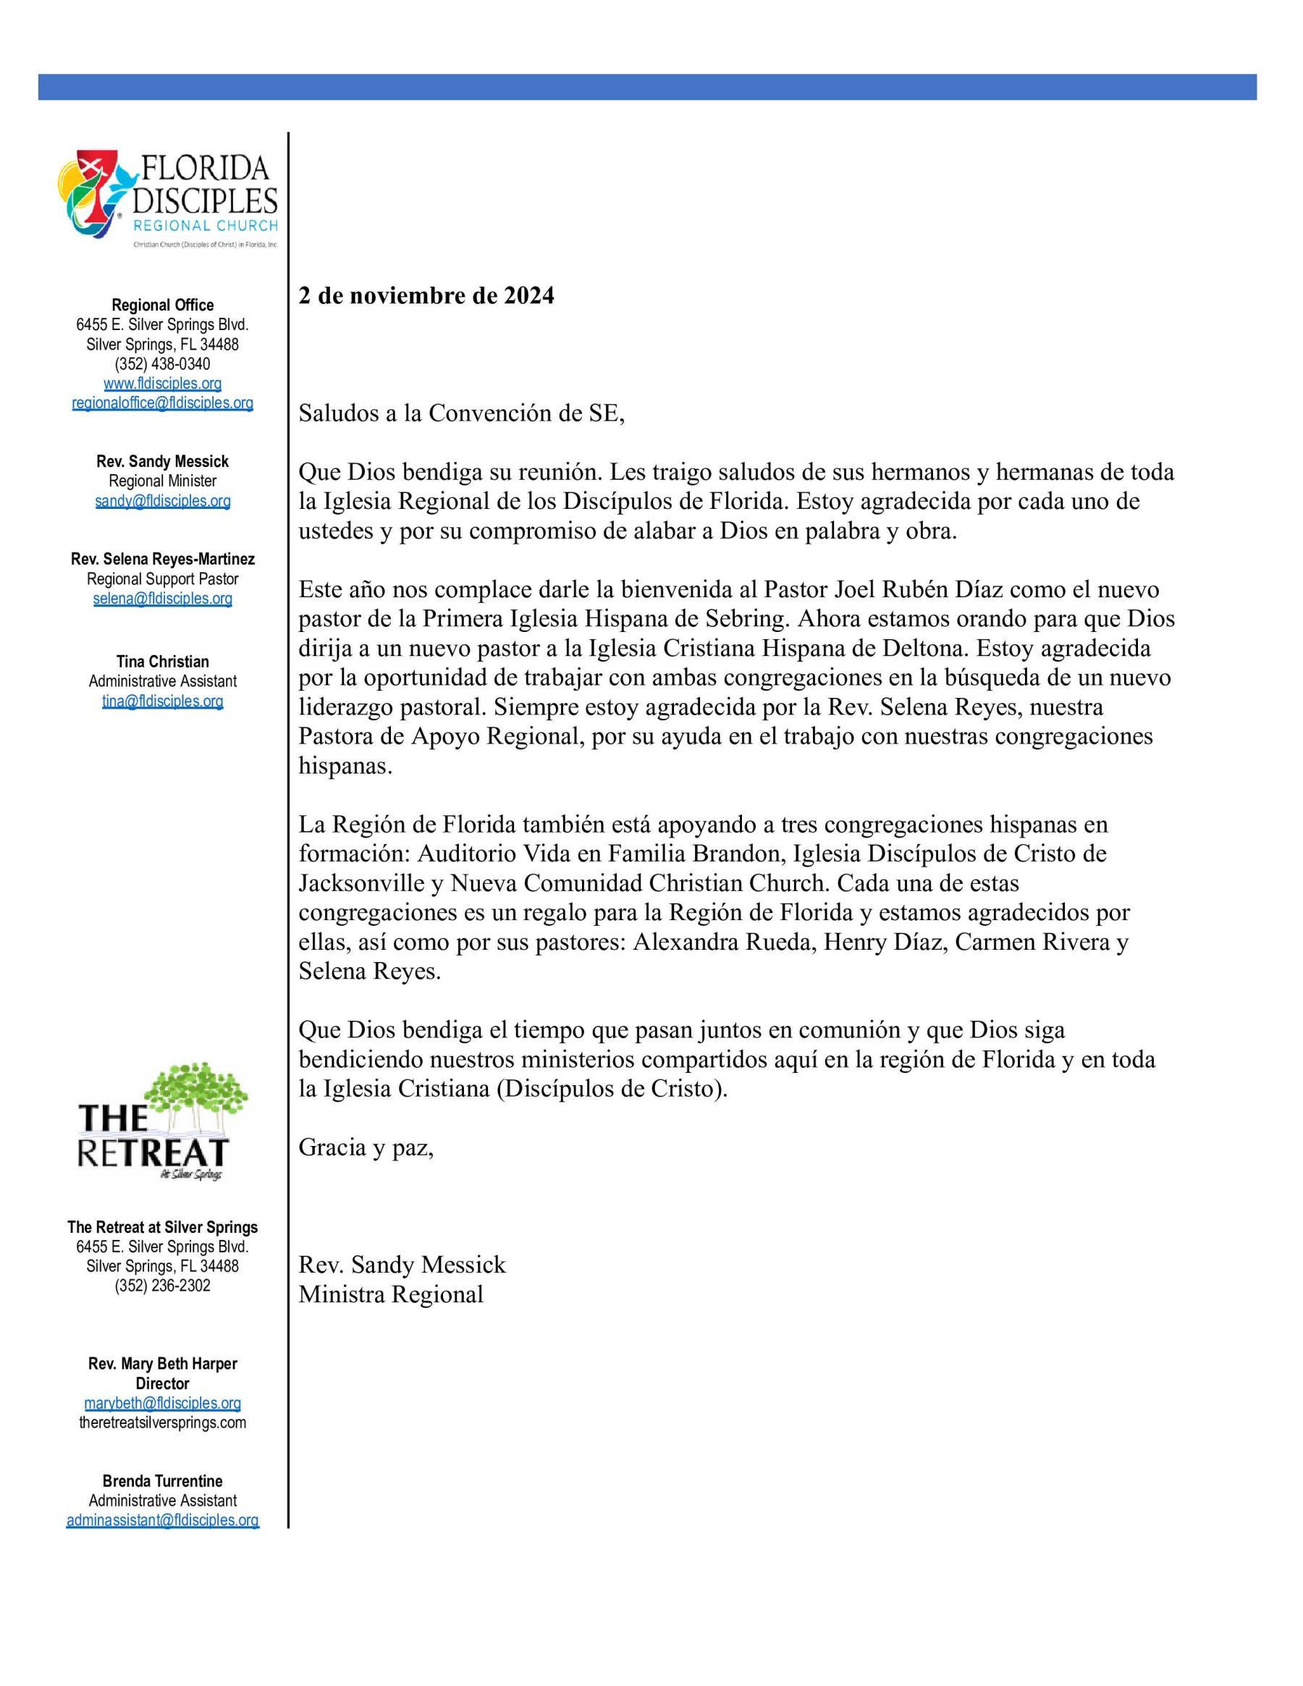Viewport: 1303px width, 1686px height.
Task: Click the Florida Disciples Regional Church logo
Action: (x=167, y=199)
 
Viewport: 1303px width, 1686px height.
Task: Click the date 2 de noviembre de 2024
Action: (x=426, y=295)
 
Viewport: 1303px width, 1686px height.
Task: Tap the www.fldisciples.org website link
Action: (x=163, y=384)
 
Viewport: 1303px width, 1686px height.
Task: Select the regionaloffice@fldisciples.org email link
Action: (x=163, y=403)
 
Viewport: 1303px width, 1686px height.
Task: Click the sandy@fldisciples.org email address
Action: (x=163, y=501)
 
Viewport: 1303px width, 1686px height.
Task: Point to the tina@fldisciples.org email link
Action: (x=163, y=701)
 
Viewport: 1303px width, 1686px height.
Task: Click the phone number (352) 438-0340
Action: (x=163, y=363)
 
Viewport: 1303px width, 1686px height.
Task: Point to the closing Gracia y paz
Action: (x=366, y=1148)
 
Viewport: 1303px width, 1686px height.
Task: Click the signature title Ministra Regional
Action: (x=391, y=1294)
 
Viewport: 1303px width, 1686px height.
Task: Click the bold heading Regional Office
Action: (x=163, y=305)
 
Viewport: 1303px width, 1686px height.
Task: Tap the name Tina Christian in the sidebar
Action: (x=163, y=662)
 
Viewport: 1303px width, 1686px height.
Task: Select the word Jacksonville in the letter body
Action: (x=361, y=883)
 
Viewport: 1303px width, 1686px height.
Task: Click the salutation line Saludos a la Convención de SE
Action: (x=462, y=413)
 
